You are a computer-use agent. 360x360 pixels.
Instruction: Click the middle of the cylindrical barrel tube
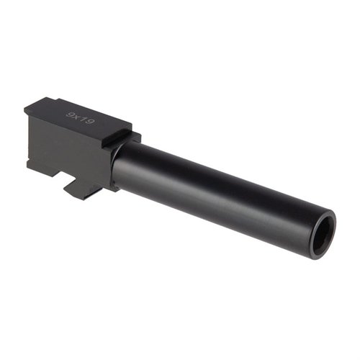click(216, 189)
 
